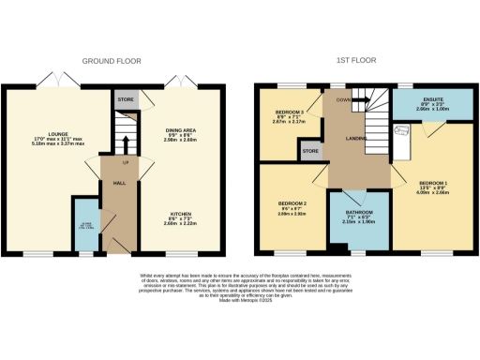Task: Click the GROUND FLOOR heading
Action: coord(111,61)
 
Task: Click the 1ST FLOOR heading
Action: coord(357,61)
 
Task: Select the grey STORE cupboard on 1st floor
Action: coord(309,149)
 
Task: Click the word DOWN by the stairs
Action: coord(344,97)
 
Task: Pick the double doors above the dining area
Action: coord(174,81)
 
